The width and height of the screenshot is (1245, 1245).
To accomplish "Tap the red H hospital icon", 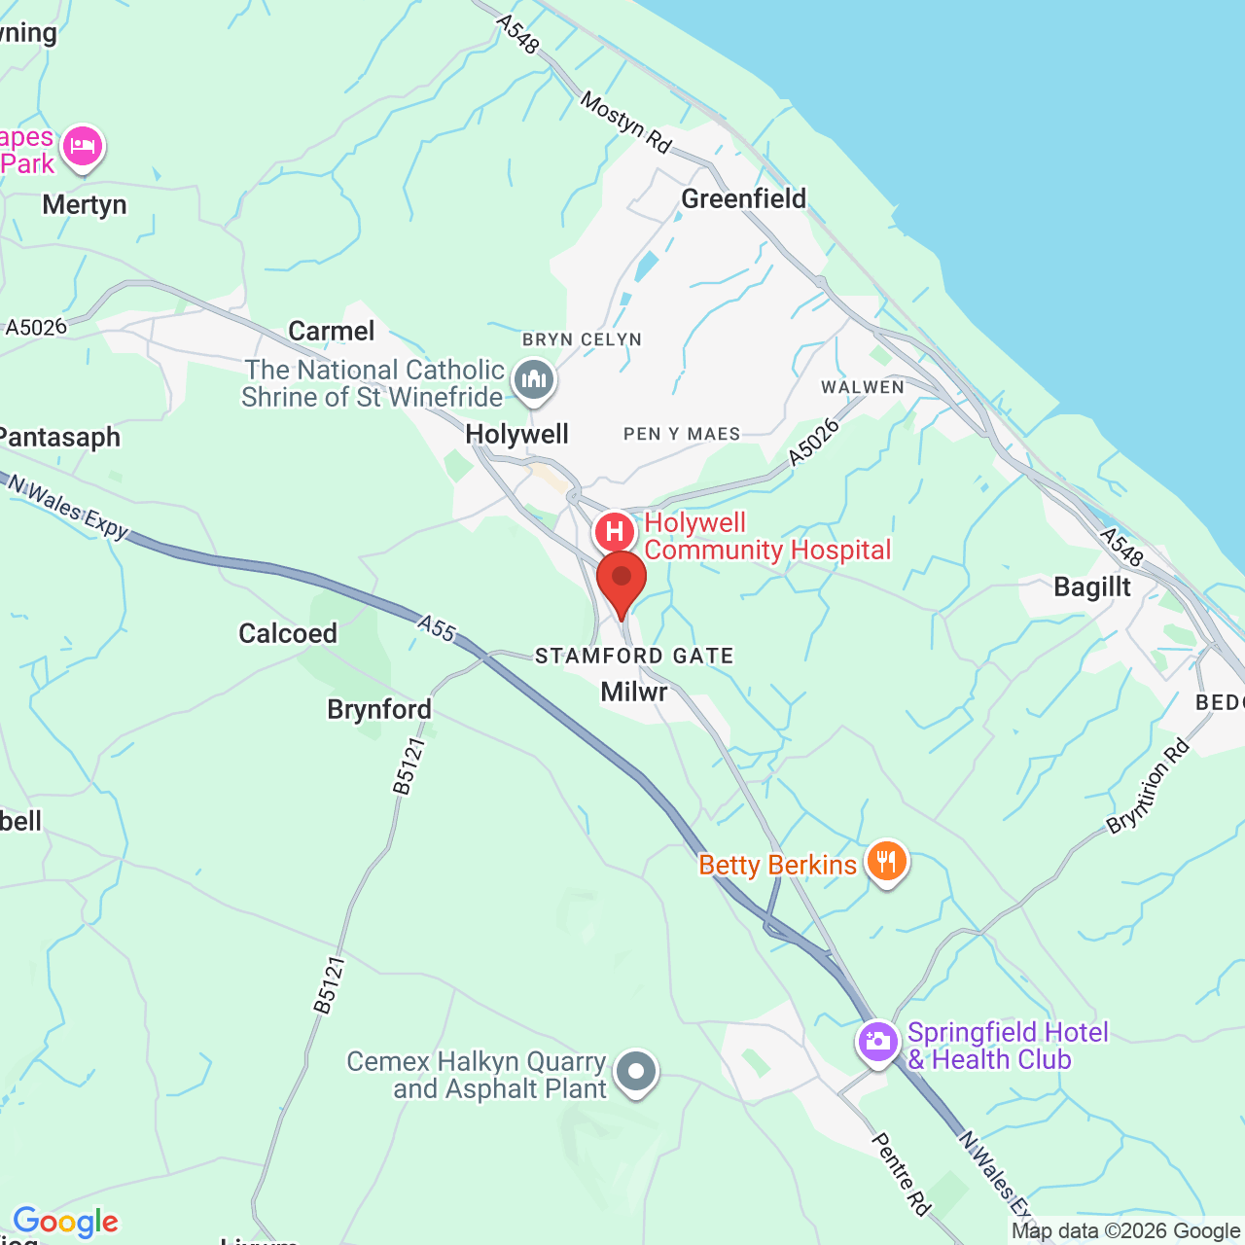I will (x=615, y=532).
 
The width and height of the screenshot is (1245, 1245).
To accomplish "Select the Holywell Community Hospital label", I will (x=767, y=537).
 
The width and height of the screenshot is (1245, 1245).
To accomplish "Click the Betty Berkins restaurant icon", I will (x=886, y=862).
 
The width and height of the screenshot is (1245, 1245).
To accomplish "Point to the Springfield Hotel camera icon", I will (x=877, y=1042).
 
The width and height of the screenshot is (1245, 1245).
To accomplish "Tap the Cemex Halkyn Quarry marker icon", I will (x=636, y=1072).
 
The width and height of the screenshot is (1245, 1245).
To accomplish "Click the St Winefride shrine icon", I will (x=533, y=379).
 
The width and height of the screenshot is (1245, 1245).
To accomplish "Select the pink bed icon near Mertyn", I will (x=83, y=148).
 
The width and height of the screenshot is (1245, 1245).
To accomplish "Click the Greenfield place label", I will (x=744, y=199).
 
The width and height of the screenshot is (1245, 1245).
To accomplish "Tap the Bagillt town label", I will (x=1092, y=587).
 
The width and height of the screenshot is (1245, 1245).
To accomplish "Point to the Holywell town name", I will (x=517, y=434).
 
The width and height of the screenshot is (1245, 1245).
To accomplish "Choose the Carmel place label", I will (x=332, y=332).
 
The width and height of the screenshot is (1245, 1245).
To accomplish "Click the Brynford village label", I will (x=379, y=710).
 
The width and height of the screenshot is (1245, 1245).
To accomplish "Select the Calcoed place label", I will (x=288, y=634).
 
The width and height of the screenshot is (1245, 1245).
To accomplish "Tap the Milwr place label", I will (x=634, y=693).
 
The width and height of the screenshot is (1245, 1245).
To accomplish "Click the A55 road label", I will (x=438, y=628).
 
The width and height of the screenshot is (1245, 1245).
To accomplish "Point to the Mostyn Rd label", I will (x=626, y=123).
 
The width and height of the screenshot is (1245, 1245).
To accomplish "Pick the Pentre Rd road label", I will (x=901, y=1173).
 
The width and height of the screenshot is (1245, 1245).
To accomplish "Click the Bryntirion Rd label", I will (x=1149, y=786).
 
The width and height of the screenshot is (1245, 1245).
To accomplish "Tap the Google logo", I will (x=66, y=1222).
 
